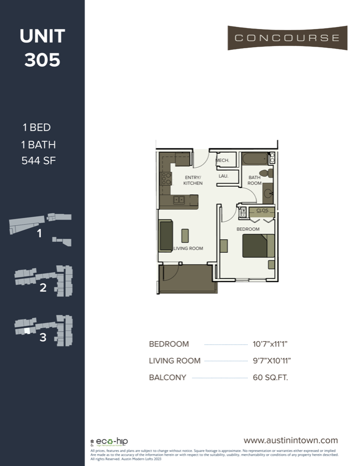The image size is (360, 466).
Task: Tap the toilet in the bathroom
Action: [265, 172]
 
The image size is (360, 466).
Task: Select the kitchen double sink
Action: [179, 200]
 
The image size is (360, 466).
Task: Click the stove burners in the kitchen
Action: [166, 179]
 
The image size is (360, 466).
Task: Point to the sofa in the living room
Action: [166, 236]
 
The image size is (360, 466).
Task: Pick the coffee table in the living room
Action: [185, 235]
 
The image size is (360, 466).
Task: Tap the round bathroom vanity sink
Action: [269, 194]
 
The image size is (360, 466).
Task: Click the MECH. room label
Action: [223, 161]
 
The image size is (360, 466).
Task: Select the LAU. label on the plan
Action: [224, 176]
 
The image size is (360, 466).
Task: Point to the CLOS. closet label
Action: [262, 211]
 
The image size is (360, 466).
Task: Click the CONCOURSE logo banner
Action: [287, 38]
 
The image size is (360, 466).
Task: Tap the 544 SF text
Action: [38, 161]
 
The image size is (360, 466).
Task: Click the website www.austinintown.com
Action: [291, 440]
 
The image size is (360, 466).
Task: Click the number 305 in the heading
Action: [42, 60]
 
